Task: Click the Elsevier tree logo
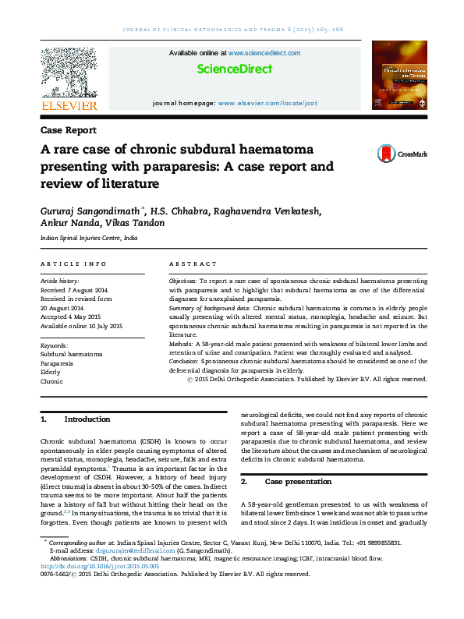69,72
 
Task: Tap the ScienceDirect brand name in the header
235,69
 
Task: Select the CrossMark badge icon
385,154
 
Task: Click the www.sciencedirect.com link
264,52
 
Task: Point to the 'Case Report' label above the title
69,130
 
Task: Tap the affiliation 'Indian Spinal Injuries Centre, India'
89,238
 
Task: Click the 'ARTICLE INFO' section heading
73,264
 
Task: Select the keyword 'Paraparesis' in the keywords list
58,363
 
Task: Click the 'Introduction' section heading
87,419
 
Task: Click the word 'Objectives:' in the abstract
182,279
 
